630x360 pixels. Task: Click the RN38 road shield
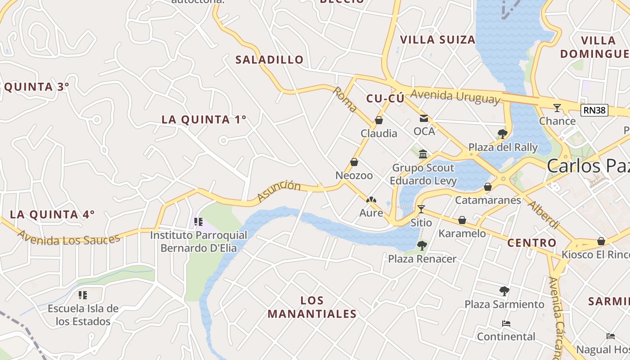pos(594,110)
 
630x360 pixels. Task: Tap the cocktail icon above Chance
pos(557,108)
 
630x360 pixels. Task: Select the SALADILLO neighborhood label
pos(270,59)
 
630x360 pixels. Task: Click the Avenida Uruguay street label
pos(455,96)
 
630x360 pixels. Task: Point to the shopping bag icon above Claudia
pos(379,120)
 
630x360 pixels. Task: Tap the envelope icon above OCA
pos(424,118)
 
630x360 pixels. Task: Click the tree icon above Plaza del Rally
pos(503,134)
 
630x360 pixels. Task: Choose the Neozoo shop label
pos(354,175)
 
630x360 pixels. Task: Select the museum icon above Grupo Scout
pos(423,154)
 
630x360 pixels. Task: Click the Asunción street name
pos(279,191)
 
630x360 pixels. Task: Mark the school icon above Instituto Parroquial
pos(198,221)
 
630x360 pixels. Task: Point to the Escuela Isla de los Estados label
pos(83,315)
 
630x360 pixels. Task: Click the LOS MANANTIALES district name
pos(312,307)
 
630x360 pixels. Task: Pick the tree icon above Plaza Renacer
pos(422,245)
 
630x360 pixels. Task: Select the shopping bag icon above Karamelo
pos(462,220)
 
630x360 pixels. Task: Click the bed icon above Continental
pos(506,324)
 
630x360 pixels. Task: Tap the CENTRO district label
pos(532,243)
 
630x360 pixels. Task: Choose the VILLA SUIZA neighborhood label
pos(438,40)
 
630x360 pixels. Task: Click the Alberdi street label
pos(544,215)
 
